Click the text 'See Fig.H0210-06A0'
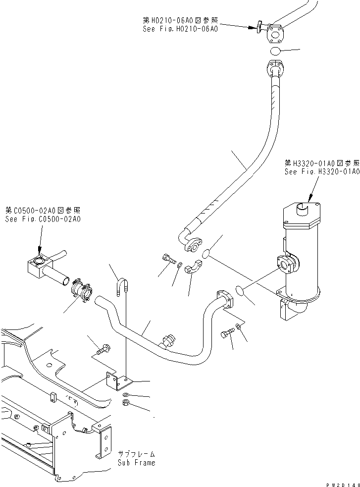pyautogui.click(x=180, y=29)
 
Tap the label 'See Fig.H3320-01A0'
pyautogui.click(x=321, y=171)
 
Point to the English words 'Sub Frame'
pyautogui.click(x=136, y=463)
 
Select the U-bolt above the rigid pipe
pyautogui.click(x=123, y=287)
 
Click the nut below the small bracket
pyautogui.click(x=127, y=404)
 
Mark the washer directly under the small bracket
pyautogui.click(x=127, y=395)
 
